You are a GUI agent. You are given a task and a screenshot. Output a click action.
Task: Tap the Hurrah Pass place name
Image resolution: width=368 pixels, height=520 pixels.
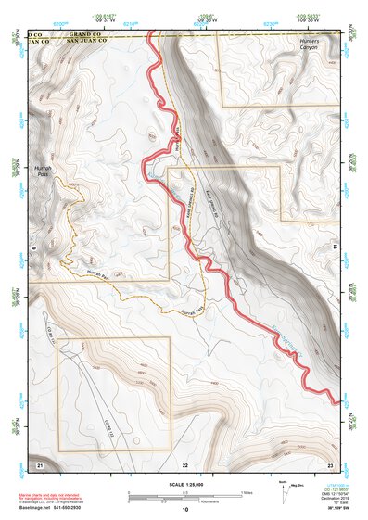pos(41,160)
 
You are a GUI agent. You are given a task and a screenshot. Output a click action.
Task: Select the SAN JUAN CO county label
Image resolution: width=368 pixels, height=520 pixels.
pos(90,42)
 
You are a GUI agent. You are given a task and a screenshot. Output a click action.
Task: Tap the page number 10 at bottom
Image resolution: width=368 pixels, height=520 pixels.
pos(185,510)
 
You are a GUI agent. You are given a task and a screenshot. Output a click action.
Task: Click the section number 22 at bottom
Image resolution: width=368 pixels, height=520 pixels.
pos(185,463)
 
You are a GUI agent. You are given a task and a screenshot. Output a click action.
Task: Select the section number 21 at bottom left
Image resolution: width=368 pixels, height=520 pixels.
pos(40,463)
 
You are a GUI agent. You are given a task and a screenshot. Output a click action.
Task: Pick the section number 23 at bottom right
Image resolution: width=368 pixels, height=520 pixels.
pos(330,463)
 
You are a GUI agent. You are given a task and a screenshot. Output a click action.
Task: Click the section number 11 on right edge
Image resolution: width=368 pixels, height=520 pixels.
pos(336,247)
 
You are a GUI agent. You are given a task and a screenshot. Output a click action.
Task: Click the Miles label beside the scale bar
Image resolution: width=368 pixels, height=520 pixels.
pos(247,492)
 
